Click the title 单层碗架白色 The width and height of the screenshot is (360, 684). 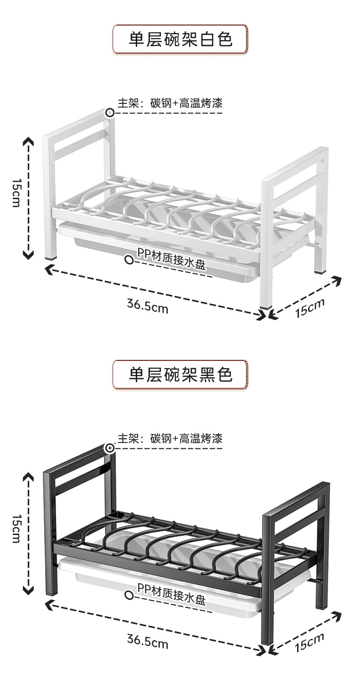click(180, 40)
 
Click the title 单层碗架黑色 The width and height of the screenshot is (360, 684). click(180, 375)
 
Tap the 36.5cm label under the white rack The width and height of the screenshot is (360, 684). click(148, 306)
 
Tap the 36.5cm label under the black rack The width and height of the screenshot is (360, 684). click(148, 642)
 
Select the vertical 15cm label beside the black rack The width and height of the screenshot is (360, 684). click(16, 529)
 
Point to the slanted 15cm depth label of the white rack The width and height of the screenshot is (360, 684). click(310, 308)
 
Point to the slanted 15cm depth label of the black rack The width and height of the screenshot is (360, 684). click(310, 643)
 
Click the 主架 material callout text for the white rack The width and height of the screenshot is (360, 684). click(170, 103)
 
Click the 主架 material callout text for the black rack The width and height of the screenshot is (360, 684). click(170, 439)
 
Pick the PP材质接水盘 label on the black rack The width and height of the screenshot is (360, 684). click(171, 594)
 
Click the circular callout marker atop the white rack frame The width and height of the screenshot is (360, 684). click(110, 113)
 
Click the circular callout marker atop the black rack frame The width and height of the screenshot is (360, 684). click(110, 448)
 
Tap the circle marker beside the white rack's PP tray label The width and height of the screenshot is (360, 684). click(129, 260)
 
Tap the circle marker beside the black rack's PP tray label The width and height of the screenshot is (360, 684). click(129, 595)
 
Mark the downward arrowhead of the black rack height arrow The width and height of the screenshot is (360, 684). click(28, 590)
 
